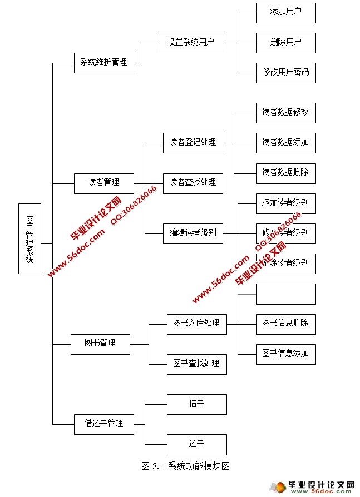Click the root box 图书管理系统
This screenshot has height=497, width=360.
pyautogui.click(x=29, y=238)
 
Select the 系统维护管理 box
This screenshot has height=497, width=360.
pyautogui.click(x=103, y=62)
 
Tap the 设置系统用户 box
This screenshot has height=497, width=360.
pyautogui.click(x=191, y=42)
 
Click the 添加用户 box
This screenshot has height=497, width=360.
pyautogui.click(x=285, y=12)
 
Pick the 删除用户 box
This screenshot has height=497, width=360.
pyautogui.click(x=285, y=42)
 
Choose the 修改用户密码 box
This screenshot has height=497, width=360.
pyautogui.click(x=285, y=72)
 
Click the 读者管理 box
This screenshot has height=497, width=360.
pyautogui.click(x=103, y=183)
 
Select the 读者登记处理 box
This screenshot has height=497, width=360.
pyautogui.click(x=193, y=143)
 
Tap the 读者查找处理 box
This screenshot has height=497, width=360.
pyautogui.click(x=193, y=183)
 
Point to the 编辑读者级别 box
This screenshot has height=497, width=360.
pyautogui.click(x=193, y=233)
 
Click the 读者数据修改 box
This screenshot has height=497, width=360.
pyautogui.click(x=285, y=113)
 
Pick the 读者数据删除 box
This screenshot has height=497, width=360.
pyautogui.click(x=285, y=173)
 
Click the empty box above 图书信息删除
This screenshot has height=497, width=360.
pyautogui.click(x=285, y=294)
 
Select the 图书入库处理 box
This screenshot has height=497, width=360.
pyautogui.click(x=196, y=324)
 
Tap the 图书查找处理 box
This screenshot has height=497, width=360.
pyautogui.click(x=196, y=364)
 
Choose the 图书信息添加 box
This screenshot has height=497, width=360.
pyautogui.click(x=285, y=354)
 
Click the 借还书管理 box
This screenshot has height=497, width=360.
pyautogui.click(x=103, y=424)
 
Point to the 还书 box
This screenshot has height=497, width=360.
pyautogui.click(x=196, y=444)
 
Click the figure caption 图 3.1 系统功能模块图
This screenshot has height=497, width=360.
pyautogui.click(x=185, y=466)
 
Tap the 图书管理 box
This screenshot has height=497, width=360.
pyautogui.click(x=100, y=344)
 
